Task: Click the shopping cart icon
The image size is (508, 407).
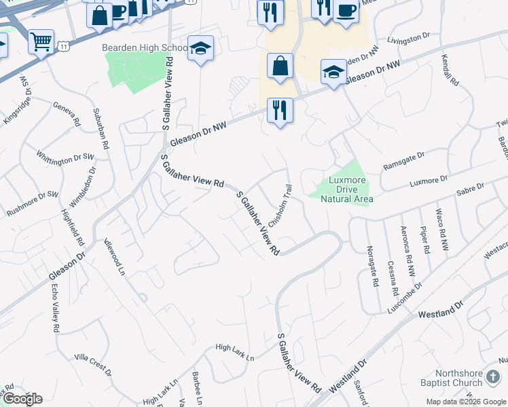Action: tap(41, 42)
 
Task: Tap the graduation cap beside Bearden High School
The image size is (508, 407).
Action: tap(200, 48)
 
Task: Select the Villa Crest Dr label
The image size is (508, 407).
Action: tap(92, 365)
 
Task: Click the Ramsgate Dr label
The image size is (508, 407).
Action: tap(403, 157)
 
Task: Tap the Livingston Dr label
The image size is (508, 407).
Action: tap(410, 39)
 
